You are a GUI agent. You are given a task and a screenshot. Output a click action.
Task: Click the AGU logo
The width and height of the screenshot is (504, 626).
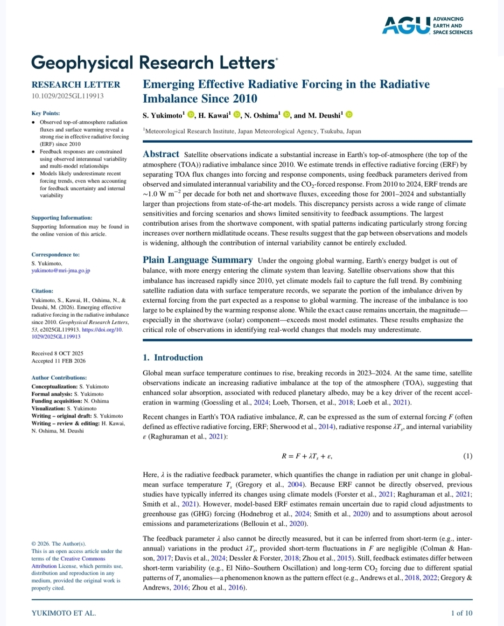[x=427, y=26]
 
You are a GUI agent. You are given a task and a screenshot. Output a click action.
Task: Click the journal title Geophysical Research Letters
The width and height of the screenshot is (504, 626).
[x=154, y=63]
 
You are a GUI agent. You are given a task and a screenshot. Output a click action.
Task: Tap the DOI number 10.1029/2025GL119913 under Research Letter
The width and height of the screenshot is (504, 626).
[x=68, y=96]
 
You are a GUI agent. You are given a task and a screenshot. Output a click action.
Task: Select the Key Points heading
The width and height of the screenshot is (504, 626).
[x=46, y=113]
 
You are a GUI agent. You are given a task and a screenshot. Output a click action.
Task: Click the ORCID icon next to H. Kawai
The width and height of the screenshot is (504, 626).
[x=237, y=115]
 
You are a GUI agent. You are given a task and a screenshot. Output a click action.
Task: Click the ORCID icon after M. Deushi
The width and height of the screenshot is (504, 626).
[x=349, y=115]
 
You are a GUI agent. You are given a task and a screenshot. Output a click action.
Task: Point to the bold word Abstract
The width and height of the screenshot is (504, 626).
[x=161, y=154]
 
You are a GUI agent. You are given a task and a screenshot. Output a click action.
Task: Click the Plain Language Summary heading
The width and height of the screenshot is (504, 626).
[x=197, y=260]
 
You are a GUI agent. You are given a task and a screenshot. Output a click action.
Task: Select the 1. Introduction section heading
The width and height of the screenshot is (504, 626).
[x=173, y=358]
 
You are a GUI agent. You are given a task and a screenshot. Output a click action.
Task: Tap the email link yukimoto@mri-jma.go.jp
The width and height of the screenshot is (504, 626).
[x=61, y=271]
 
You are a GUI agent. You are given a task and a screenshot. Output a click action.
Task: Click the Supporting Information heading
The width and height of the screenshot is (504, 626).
[x=62, y=217]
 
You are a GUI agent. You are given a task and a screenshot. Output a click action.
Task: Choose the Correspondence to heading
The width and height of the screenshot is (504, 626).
[x=56, y=254]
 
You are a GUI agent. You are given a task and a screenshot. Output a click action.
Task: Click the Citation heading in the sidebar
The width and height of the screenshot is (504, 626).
[x=42, y=291]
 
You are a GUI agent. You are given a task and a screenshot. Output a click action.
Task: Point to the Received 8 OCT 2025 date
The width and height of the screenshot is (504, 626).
[x=57, y=354]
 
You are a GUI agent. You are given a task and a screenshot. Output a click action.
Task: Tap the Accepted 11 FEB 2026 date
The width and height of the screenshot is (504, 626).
[x=58, y=361]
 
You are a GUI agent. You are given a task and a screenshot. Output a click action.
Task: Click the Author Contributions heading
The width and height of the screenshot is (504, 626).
[x=59, y=377]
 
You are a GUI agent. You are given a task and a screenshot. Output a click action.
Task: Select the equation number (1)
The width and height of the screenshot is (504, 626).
[x=467, y=456]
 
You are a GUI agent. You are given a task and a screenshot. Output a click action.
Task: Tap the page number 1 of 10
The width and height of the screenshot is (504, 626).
[x=461, y=613]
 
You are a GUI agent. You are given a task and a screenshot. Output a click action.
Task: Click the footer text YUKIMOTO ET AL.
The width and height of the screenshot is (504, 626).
[x=63, y=613]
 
